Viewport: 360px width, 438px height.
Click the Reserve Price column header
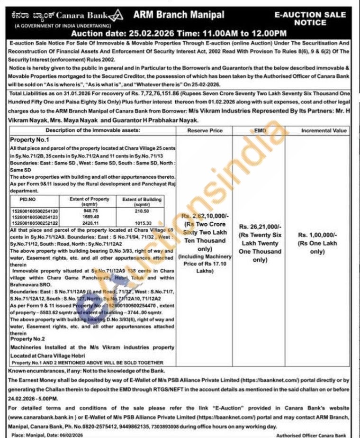coord(205,130)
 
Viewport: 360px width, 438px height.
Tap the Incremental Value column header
coord(324,130)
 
